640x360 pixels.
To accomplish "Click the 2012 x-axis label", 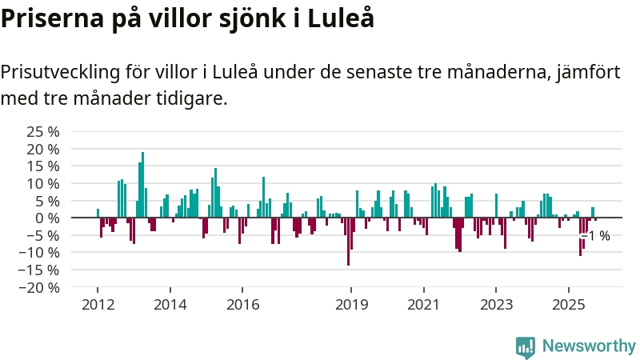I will point(98,305).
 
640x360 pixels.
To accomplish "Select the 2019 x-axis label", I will point(351,305).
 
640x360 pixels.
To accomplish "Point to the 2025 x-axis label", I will point(568,305).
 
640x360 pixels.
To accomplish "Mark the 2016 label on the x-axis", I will point(242,305).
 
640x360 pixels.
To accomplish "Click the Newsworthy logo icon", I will point(526,346).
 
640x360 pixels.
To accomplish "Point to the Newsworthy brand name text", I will point(589,346).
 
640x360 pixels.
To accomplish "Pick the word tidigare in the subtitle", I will point(195,99).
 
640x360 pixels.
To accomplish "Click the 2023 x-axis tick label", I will point(496,305).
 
